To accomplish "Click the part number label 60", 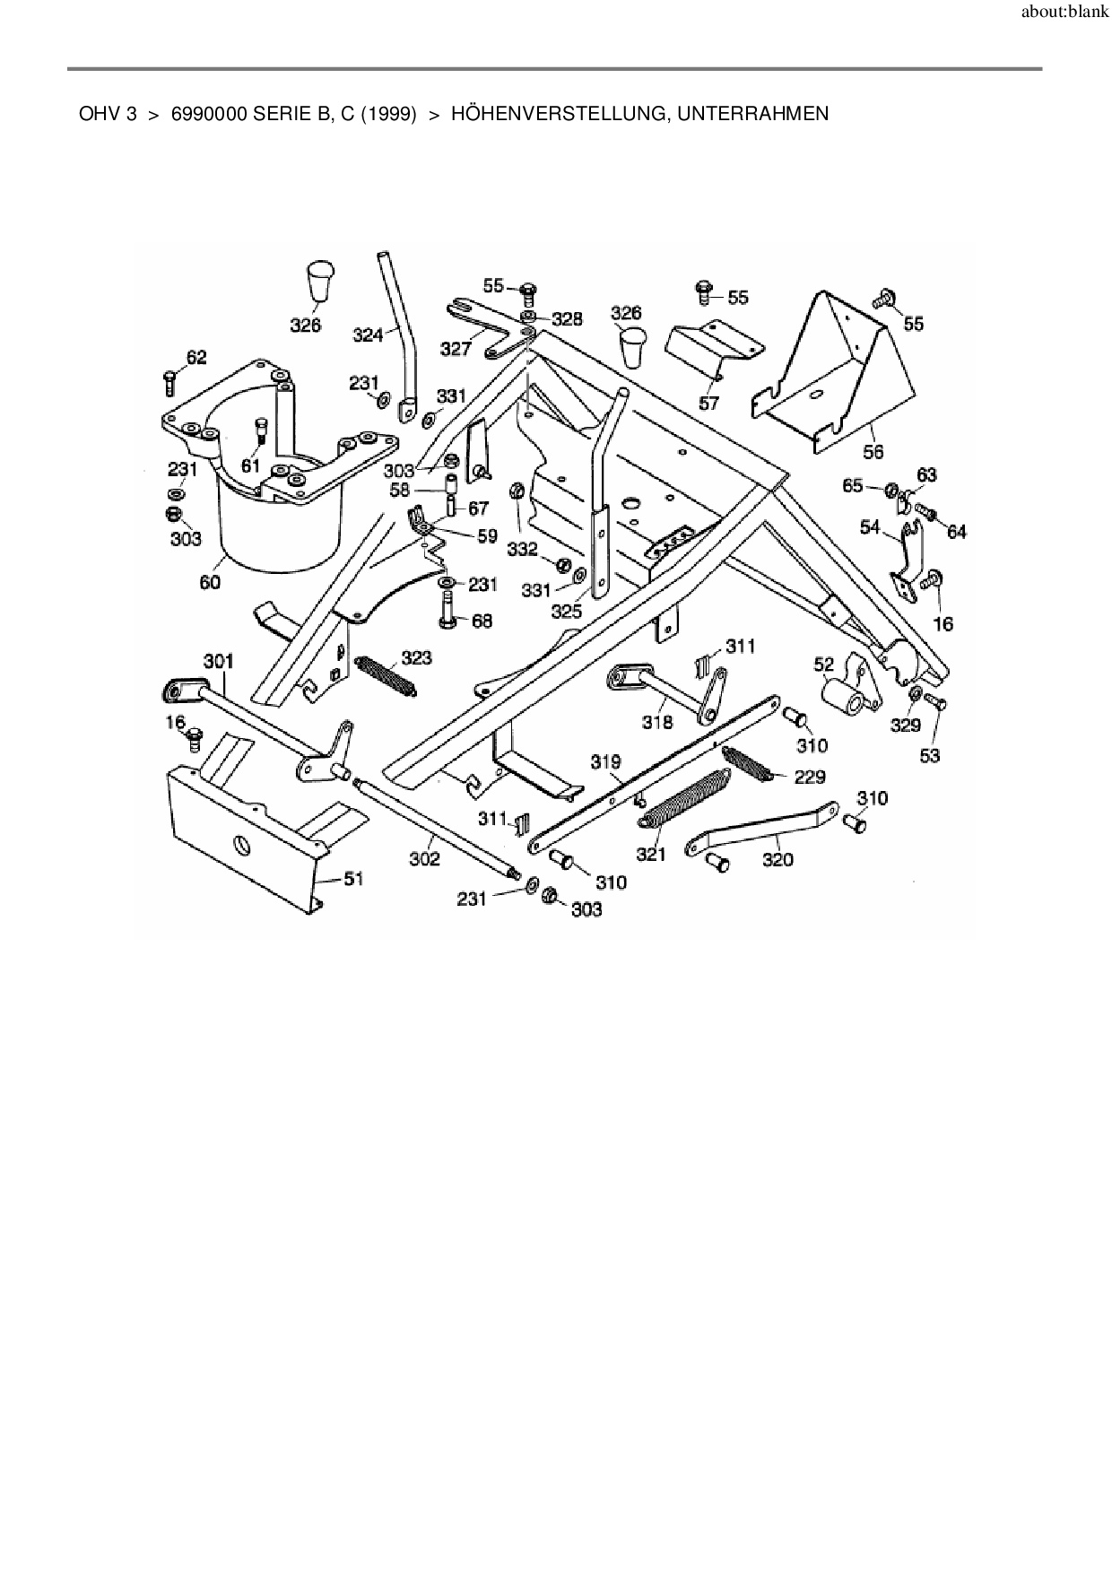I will tap(210, 582).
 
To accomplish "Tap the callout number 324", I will tap(368, 335).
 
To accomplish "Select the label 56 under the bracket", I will tap(873, 451).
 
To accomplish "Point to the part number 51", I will tap(354, 878).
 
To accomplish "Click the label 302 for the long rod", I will tap(424, 858).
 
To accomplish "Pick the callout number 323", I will tap(416, 658).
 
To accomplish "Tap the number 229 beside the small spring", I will tap(809, 777).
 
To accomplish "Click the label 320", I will tap(778, 859).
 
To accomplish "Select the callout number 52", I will tap(824, 665).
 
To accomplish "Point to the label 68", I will tap(482, 621).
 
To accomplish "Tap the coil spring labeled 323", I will tap(386, 675).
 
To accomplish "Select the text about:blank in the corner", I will tap(1064, 13).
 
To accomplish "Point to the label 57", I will tap(708, 404).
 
